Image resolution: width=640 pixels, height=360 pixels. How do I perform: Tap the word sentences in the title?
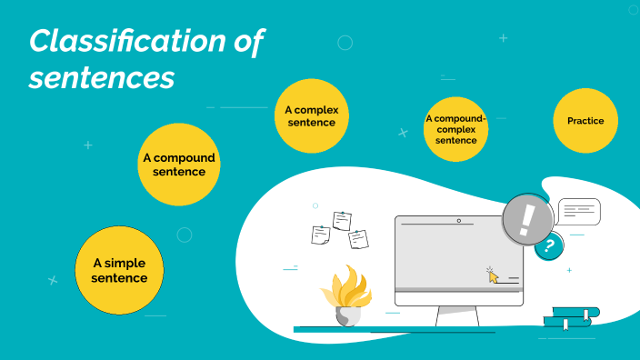click(101, 77)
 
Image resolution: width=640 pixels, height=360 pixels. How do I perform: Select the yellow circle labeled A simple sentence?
click(119, 270)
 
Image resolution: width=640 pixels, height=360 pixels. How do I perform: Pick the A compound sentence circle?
click(179, 165)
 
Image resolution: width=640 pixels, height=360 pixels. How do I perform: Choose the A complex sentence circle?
click(312, 115)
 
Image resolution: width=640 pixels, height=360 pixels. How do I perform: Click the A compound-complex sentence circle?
click(456, 129)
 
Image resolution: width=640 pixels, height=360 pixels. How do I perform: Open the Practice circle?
click(585, 121)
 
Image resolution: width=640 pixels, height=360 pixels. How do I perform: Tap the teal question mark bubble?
click(548, 246)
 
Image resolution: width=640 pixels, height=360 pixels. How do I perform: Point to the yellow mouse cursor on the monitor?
click(494, 275)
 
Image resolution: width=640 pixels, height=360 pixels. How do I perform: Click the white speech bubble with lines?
click(579, 211)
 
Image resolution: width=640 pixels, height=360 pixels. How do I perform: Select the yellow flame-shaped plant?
click(346, 288)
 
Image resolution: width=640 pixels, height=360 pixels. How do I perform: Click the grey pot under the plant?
click(347, 315)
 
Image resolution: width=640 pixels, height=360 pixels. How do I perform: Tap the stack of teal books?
click(570, 316)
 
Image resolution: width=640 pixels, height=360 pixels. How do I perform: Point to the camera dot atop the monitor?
click(458, 221)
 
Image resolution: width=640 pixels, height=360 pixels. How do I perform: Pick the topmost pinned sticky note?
click(343, 220)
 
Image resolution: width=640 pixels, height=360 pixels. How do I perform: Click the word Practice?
click(585, 121)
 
